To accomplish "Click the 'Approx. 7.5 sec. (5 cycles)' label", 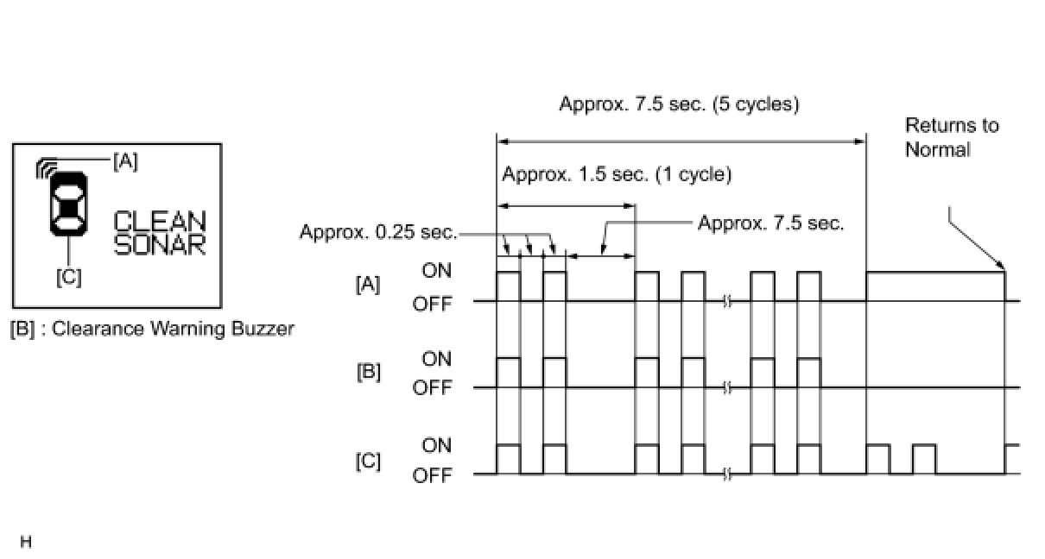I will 679,104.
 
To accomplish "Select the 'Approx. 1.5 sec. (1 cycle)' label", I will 617,174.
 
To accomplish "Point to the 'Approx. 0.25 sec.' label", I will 377,232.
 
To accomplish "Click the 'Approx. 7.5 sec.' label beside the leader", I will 770,223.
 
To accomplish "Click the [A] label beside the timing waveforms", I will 368,286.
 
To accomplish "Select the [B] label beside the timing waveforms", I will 368,373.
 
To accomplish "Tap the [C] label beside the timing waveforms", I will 368,461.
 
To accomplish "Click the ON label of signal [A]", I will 436,271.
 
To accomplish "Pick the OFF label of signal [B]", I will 432,388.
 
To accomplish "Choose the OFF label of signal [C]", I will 432,475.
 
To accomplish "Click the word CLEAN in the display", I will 161,222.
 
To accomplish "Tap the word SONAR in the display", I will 161,244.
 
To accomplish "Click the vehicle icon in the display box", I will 68,204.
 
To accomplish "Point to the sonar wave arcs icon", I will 46,167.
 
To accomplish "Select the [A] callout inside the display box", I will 125,160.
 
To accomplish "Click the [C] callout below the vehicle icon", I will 68,278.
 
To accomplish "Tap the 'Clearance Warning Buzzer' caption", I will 173,329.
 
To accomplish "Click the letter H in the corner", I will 25,543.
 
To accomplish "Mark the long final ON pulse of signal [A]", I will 935,273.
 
